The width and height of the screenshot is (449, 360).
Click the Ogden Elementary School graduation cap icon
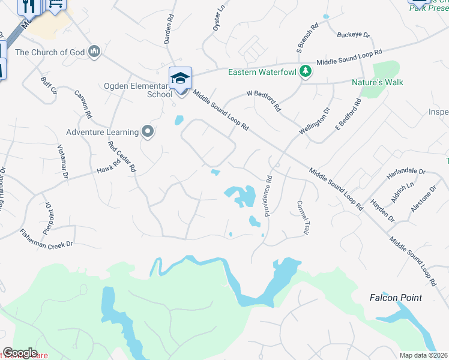coord(180,78)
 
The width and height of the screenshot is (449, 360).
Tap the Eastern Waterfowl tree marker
coord(306,71)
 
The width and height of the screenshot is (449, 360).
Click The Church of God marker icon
coord(94,52)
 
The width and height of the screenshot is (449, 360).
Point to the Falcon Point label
coord(396,298)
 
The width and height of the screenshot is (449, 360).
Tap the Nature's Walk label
coord(378,82)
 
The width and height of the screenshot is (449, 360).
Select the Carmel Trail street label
coord(302,217)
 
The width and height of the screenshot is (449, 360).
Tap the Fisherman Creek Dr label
coord(46,238)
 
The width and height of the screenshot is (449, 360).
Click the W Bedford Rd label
coord(264,101)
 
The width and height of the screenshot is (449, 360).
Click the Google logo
coord(20,352)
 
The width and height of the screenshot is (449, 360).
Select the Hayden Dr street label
coord(382,210)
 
